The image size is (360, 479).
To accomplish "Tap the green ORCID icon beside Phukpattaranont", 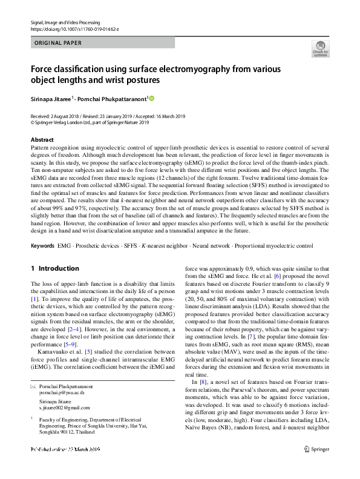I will tap(151, 98).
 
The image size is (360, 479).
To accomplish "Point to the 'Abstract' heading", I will tap(41, 140).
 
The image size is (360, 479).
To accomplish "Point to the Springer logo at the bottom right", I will tap(318, 466).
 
